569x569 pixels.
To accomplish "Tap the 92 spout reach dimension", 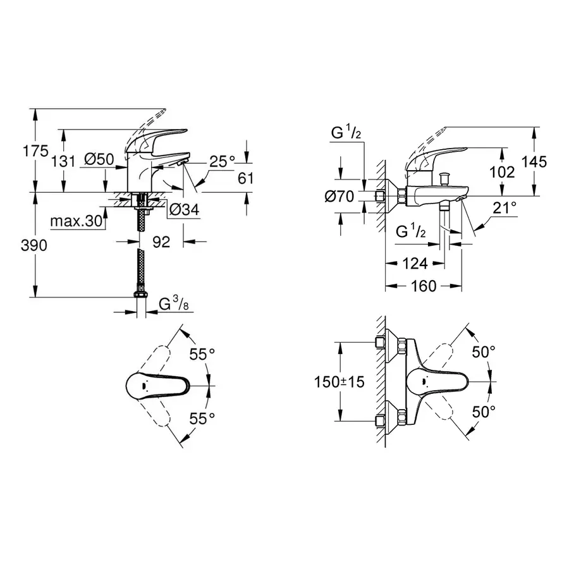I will pyautogui.click(x=161, y=242).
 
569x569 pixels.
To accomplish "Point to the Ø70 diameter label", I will pyautogui.click(x=340, y=197).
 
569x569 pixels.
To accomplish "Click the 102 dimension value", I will pyautogui.click(x=503, y=171).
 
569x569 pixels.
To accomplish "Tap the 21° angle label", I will pyautogui.click(x=505, y=207).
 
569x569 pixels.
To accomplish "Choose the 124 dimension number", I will pyautogui.click(x=415, y=263).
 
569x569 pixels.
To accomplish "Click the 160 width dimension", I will pyautogui.click(x=422, y=286).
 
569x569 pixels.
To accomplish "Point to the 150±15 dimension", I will pyautogui.click(x=340, y=382).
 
